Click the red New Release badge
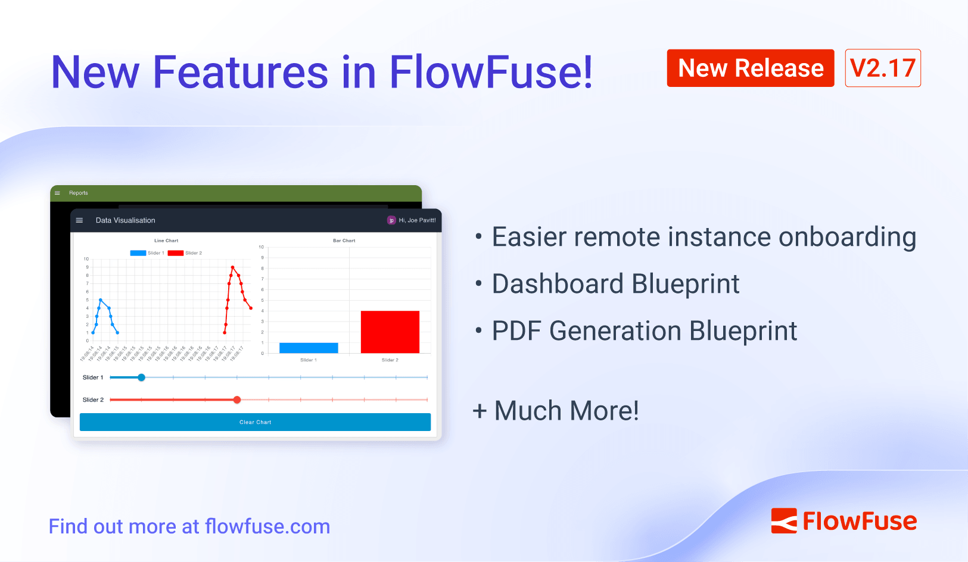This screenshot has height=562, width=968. pyautogui.click(x=750, y=68)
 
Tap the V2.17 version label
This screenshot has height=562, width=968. pyautogui.click(x=882, y=68)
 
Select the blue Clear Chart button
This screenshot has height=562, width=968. pyautogui.click(x=255, y=422)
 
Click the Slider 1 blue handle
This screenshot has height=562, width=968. pyautogui.click(x=141, y=377)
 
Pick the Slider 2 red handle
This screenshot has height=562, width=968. pyautogui.click(x=237, y=400)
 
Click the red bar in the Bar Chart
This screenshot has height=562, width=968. pyautogui.click(x=390, y=332)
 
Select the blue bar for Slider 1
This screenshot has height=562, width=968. pyautogui.click(x=309, y=348)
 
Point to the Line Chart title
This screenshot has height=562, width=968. pyautogui.click(x=166, y=241)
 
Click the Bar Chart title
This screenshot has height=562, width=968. pyautogui.click(x=344, y=241)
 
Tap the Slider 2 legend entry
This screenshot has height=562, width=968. pyautogui.click(x=185, y=253)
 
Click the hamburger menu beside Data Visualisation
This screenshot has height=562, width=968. pyautogui.click(x=79, y=220)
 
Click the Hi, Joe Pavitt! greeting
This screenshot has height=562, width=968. pyautogui.click(x=417, y=220)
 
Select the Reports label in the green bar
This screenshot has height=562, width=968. pyautogui.click(x=78, y=193)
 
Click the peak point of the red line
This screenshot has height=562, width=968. pyautogui.click(x=232, y=267)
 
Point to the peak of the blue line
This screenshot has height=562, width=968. pyautogui.click(x=101, y=300)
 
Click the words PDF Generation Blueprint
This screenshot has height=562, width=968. pyautogui.click(x=644, y=331)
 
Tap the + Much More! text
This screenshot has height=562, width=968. pyautogui.click(x=555, y=411)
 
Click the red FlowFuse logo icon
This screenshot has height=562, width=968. pyautogui.click(x=784, y=521)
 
